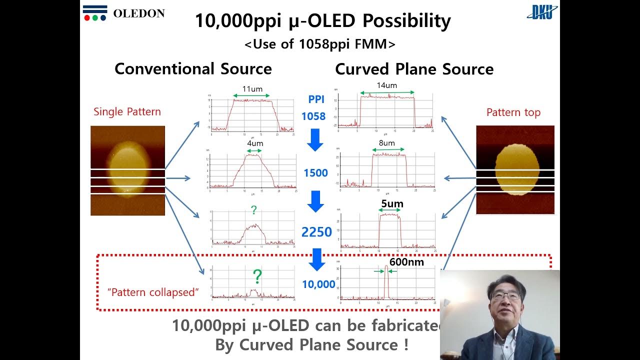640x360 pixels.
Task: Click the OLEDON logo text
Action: click(138, 13)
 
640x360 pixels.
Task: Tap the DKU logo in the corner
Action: click(542, 12)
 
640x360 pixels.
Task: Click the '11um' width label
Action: click(252, 89)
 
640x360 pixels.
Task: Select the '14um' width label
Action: click(386, 85)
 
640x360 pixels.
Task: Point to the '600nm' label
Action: click(406, 262)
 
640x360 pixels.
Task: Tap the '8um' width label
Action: click(386, 143)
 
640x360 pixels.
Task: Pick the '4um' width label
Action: click(254, 143)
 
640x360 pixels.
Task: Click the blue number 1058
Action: click(313, 116)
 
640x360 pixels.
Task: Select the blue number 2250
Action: click(316, 232)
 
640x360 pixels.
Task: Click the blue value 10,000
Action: click(318, 284)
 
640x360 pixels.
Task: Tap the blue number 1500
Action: click(315, 173)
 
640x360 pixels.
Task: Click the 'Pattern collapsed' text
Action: click(153, 292)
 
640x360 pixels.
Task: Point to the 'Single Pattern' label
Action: click(127, 111)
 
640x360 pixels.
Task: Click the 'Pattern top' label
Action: click(513, 112)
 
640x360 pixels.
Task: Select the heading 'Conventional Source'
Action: click(193, 69)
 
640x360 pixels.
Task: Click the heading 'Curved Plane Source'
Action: click(414, 69)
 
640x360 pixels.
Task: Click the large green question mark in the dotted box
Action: click(257, 276)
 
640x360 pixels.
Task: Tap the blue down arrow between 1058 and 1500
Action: click(315, 140)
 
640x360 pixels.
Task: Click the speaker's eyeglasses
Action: click(505, 296)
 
